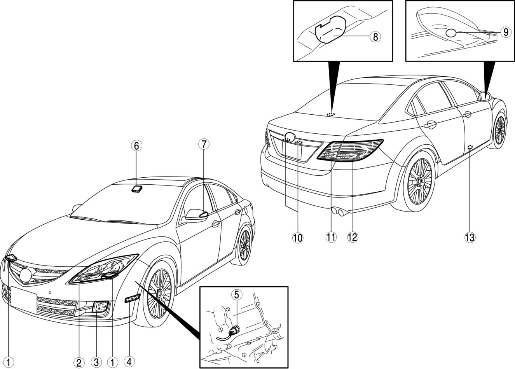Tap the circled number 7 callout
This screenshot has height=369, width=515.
click(x=203, y=144)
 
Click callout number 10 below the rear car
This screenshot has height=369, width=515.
click(x=299, y=237)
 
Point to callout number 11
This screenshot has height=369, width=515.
click(x=331, y=237)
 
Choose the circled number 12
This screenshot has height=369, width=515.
click(x=353, y=237)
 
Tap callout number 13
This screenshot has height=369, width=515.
click(x=470, y=237)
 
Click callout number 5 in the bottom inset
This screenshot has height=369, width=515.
click(x=236, y=295)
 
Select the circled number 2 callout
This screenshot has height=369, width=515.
click(x=79, y=362)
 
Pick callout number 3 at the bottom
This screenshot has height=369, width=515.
click(x=96, y=362)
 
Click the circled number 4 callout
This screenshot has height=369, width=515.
click(x=129, y=362)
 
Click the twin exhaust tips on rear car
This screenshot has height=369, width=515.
click(x=339, y=212)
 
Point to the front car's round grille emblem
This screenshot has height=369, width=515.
click(x=26, y=275)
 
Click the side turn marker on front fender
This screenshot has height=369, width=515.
click(x=132, y=299)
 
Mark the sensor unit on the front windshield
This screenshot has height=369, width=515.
click(x=137, y=189)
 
